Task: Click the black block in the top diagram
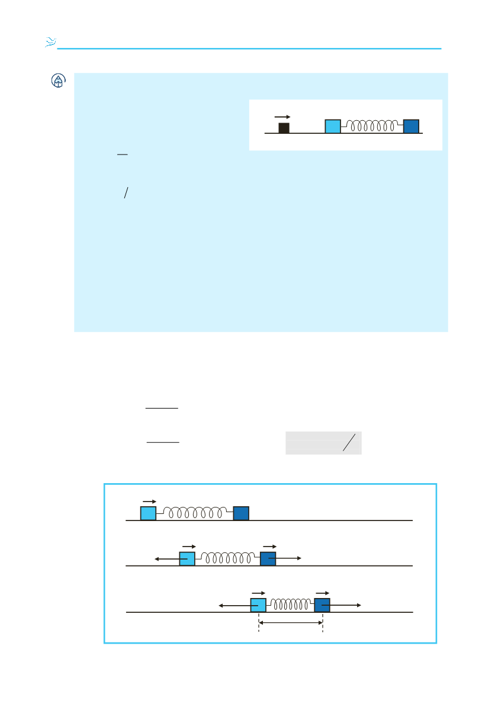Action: (284, 128)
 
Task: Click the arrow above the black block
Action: (282, 117)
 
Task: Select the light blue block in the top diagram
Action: (333, 126)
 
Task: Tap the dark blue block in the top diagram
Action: (411, 126)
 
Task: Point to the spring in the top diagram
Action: (372, 126)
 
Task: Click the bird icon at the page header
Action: (50, 42)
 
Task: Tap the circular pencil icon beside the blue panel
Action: (58, 81)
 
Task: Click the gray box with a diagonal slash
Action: (323, 443)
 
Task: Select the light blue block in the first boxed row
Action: (148, 513)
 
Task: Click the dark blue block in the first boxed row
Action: (241, 513)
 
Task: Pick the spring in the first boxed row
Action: (195, 513)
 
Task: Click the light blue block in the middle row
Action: (187, 558)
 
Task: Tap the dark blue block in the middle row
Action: (268, 558)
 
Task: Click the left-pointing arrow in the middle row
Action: (166, 558)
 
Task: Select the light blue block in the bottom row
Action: (258, 605)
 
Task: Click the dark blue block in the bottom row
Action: (322, 605)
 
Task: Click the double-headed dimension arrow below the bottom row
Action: (290, 622)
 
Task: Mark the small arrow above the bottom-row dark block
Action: (322, 592)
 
